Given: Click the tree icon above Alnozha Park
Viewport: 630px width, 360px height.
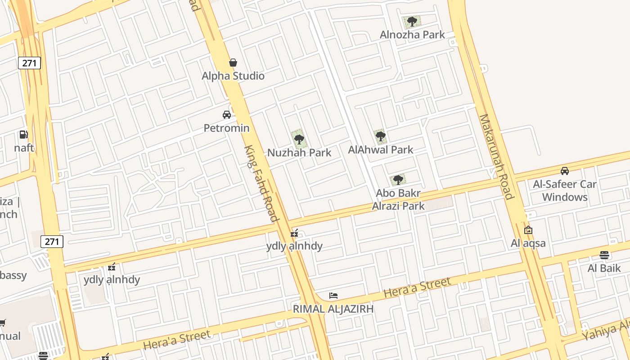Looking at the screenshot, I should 412,21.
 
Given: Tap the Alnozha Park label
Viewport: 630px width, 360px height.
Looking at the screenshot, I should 412,35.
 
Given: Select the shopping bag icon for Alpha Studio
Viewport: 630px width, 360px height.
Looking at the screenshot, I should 233,63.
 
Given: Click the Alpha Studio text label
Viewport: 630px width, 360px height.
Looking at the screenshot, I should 233,76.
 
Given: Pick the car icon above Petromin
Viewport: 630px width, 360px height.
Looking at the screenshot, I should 227,115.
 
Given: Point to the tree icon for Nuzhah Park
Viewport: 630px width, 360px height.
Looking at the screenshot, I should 299,139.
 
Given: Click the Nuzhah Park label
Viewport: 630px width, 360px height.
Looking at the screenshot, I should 299,153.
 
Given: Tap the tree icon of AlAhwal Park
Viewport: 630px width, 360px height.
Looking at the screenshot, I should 380,136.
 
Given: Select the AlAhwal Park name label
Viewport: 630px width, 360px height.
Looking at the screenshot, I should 380,149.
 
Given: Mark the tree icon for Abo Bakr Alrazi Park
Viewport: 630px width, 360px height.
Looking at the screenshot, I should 398,180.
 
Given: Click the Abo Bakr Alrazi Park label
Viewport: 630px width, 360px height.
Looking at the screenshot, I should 399,200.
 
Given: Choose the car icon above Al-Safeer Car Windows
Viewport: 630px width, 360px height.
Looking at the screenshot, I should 565,171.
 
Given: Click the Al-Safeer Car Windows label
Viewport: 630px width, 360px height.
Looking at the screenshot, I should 565,190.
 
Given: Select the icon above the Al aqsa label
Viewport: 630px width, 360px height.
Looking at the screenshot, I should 528,230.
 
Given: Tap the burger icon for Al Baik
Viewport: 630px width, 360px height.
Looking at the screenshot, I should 604,255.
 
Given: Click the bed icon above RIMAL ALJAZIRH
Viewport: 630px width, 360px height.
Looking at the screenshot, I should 333,296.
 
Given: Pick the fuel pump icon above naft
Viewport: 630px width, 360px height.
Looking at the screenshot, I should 23,134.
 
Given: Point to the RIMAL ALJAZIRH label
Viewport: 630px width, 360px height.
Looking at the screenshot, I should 333,309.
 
